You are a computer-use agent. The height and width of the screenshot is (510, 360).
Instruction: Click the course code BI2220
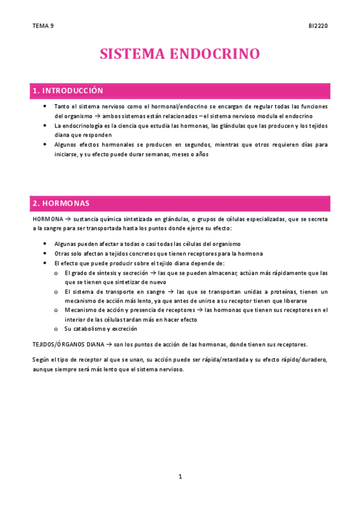pos(318,26)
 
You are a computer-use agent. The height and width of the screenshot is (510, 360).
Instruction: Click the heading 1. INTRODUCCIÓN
pos(68,91)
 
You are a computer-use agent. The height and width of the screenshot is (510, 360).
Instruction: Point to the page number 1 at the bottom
pos(180,477)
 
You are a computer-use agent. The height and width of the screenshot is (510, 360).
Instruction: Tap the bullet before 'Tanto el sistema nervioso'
pos(46,106)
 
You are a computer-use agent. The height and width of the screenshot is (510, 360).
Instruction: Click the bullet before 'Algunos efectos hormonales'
pos(46,145)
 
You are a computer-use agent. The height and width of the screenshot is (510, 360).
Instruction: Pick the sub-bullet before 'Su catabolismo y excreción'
pos(56,329)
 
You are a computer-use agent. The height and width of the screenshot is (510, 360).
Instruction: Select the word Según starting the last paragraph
pos(40,360)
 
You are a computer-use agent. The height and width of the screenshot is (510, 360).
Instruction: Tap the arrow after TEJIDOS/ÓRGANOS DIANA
pos(109,345)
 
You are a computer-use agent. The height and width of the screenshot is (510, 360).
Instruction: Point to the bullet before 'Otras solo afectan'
pos(46,254)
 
